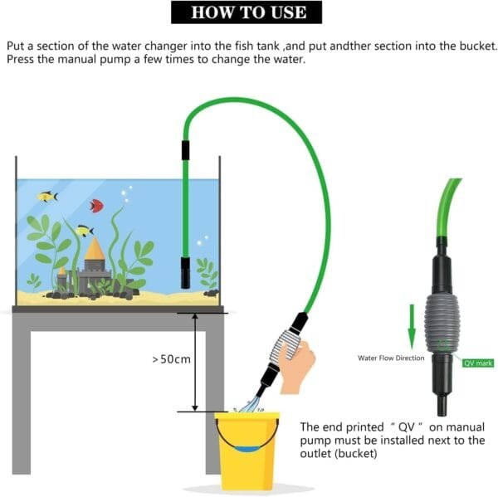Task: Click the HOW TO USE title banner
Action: click(247, 12)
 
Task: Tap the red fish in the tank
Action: click(96, 206)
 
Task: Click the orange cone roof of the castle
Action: click(95, 248)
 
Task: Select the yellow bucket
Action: click(247, 451)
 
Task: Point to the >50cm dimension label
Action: click(172, 359)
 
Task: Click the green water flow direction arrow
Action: click(412, 327)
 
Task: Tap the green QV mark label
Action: click(478, 363)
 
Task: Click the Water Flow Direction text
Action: click(391, 358)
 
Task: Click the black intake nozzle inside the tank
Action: click(185, 272)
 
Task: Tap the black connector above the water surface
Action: click(185, 150)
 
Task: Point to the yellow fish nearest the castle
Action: click(85, 231)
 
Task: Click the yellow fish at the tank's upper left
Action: click(47, 197)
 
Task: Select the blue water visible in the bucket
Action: click(247, 450)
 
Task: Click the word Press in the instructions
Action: click(20, 59)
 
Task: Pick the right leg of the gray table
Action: click(214, 402)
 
